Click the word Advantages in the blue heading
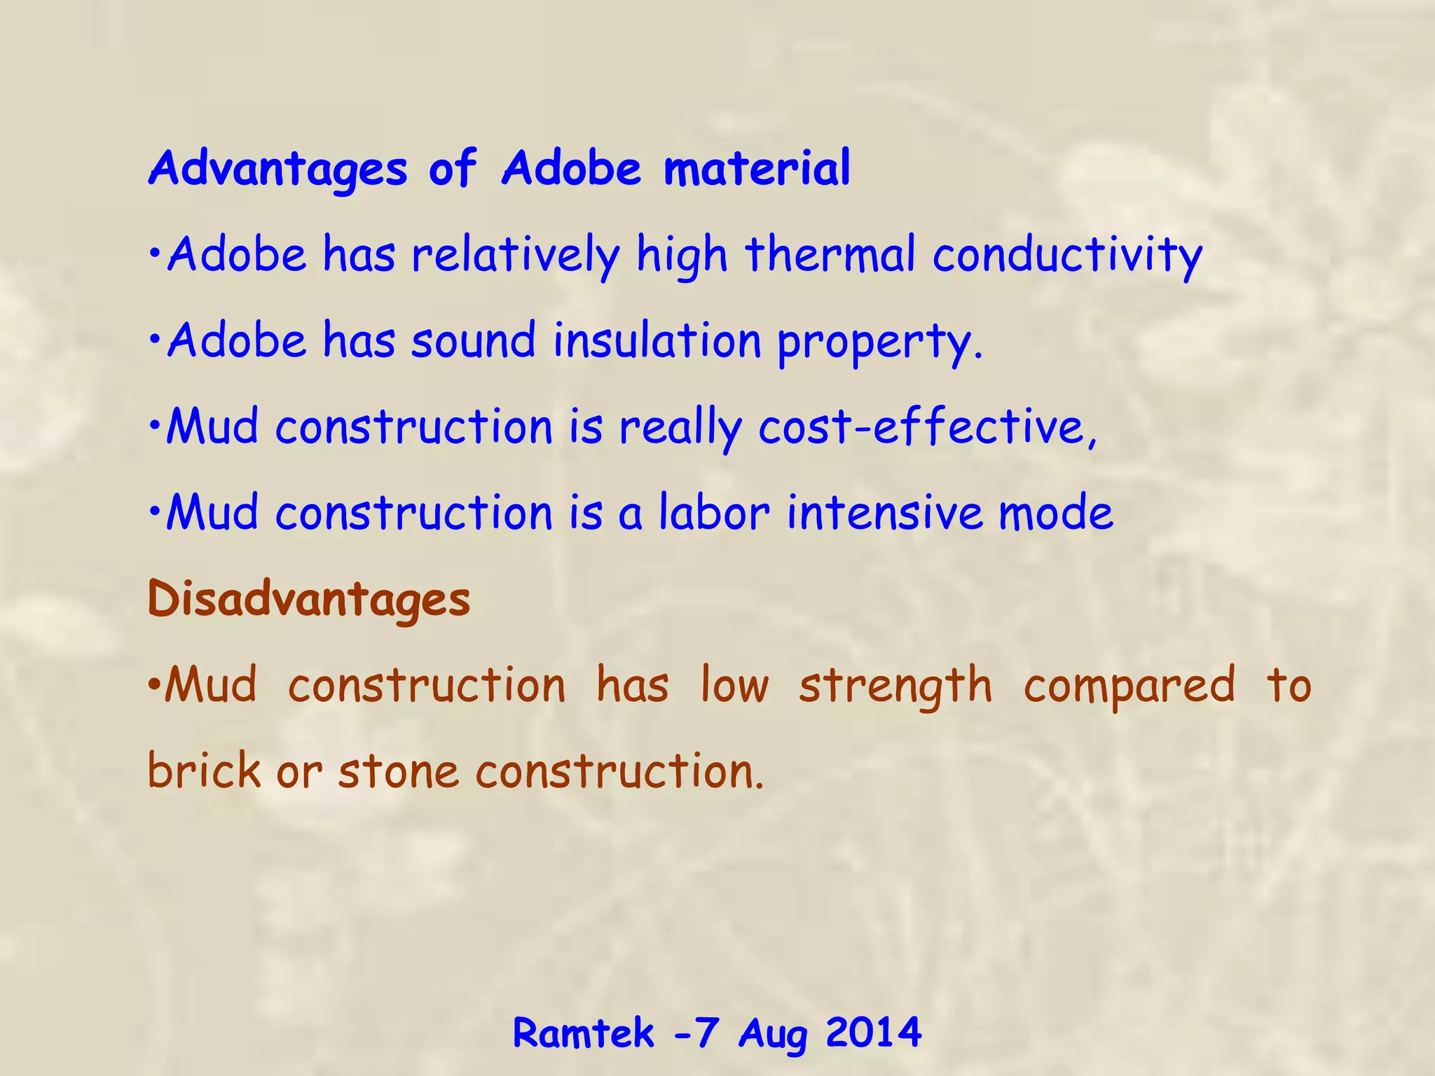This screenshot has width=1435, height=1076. tap(277, 169)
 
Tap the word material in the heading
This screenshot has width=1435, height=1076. tap(757, 169)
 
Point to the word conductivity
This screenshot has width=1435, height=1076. tap(1067, 255)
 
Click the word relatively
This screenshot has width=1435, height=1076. tap(516, 255)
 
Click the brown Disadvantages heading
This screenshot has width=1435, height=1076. tap(309, 600)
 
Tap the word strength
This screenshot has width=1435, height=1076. tap(895, 686)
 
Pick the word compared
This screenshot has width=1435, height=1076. tap(1130, 686)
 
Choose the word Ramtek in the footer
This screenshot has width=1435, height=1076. tap(583, 1033)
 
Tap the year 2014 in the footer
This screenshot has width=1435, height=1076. tap(873, 1033)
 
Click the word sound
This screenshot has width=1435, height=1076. tap(473, 340)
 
